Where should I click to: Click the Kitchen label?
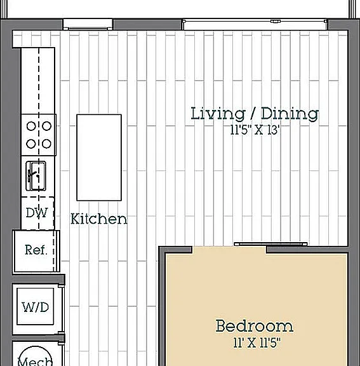click(99, 219)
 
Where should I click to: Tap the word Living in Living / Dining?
click(218, 114)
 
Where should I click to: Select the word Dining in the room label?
click(290, 114)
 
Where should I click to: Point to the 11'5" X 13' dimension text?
click(255, 130)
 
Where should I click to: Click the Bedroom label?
click(255, 325)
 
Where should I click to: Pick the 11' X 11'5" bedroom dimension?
click(257, 342)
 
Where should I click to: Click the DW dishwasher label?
click(37, 213)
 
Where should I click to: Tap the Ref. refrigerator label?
click(36, 250)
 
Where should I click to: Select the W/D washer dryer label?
click(36, 307)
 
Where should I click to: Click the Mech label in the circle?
click(35, 361)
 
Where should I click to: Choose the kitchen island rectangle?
click(99, 158)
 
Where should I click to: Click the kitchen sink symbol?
click(36, 176)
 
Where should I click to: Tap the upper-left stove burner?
click(31, 126)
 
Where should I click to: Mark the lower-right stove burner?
click(46, 144)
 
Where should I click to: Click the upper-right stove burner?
click(46, 126)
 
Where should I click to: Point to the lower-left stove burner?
click(31, 144)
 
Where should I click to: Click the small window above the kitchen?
click(88, 24)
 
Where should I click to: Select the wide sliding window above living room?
click(255, 24)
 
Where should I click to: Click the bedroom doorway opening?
click(229, 250)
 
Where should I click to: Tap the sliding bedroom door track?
click(270, 244)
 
